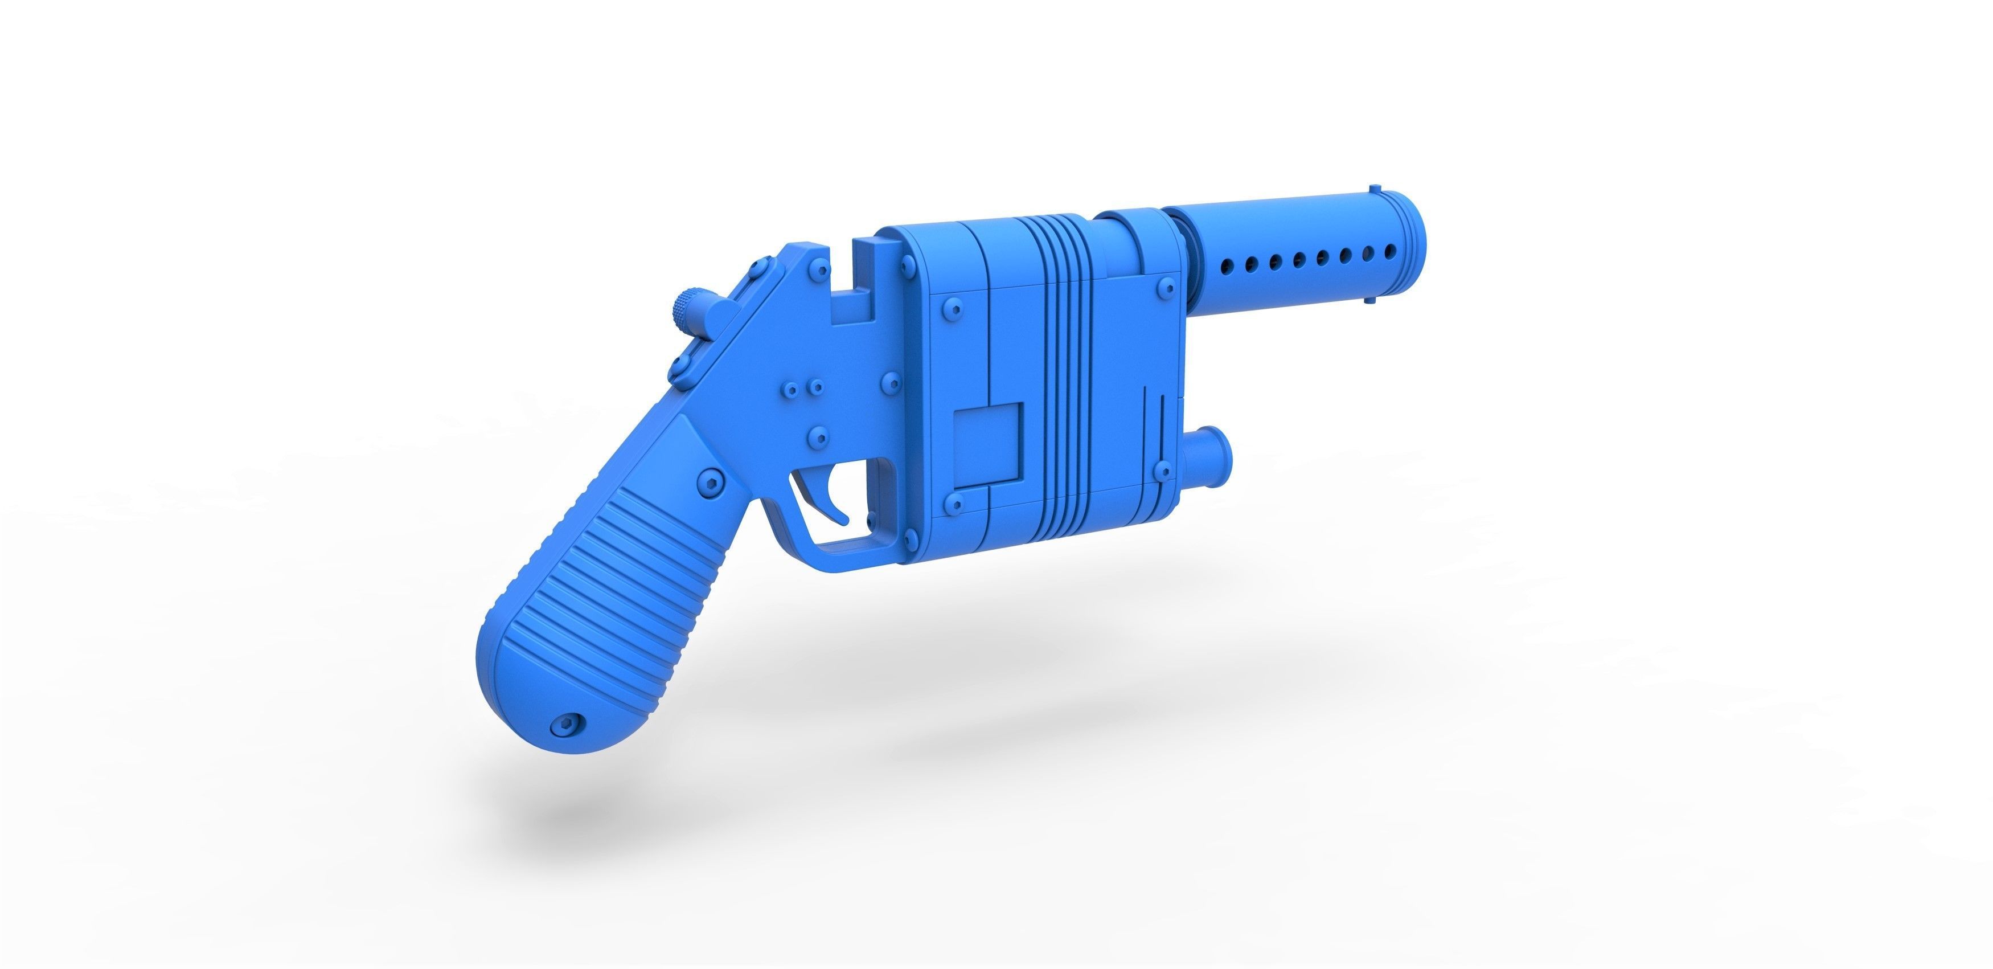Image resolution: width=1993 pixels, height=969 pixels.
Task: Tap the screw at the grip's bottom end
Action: pyautogui.click(x=567, y=725)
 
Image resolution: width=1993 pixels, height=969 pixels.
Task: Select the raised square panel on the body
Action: pyautogui.click(x=988, y=444)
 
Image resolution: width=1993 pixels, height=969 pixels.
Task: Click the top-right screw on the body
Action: pyautogui.click(x=1165, y=290)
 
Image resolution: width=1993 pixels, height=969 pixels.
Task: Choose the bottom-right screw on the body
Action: pyautogui.click(x=1160, y=470)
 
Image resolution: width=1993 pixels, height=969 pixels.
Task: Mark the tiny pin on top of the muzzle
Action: pyautogui.click(x=1374, y=189)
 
